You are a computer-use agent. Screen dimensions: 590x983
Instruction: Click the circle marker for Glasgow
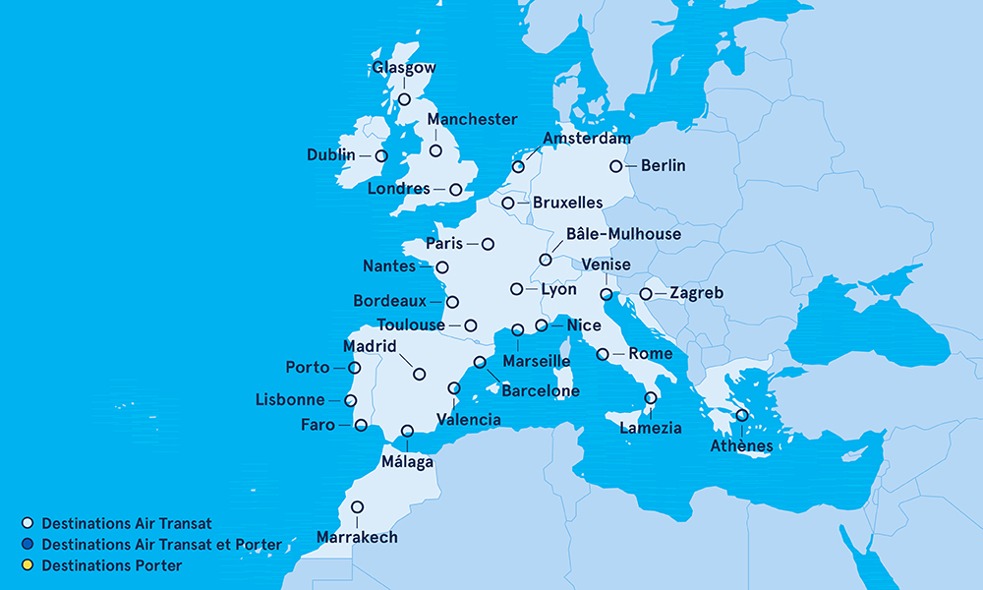point(403,99)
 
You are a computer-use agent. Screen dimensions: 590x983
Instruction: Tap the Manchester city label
point(472,119)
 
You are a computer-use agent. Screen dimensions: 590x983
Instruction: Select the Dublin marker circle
point(381,155)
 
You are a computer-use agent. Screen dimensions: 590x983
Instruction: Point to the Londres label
point(398,188)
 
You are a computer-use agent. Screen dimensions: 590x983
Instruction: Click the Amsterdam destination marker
point(518,167)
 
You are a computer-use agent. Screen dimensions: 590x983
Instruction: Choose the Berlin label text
point(663,165)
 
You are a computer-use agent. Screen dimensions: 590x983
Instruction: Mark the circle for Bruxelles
point(507,204)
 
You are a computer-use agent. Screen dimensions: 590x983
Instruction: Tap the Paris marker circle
point(488,243)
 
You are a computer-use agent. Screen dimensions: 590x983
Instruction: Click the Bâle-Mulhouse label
point(623,234)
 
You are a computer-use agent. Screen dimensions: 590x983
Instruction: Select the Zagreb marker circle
point(646,293)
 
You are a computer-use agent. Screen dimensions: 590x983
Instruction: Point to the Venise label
point(607,265)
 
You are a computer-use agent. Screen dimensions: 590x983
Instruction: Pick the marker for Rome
point(603,354)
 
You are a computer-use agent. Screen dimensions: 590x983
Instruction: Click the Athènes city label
point(741,446)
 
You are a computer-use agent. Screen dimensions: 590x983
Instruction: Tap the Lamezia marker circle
point(650,398)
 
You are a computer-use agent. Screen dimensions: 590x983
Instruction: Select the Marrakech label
point(357,537)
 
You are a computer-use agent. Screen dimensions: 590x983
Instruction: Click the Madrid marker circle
point(420,374)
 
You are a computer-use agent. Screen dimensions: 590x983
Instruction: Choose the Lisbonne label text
point(289,400)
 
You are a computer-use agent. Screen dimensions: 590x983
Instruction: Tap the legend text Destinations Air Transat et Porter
point(161,545)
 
